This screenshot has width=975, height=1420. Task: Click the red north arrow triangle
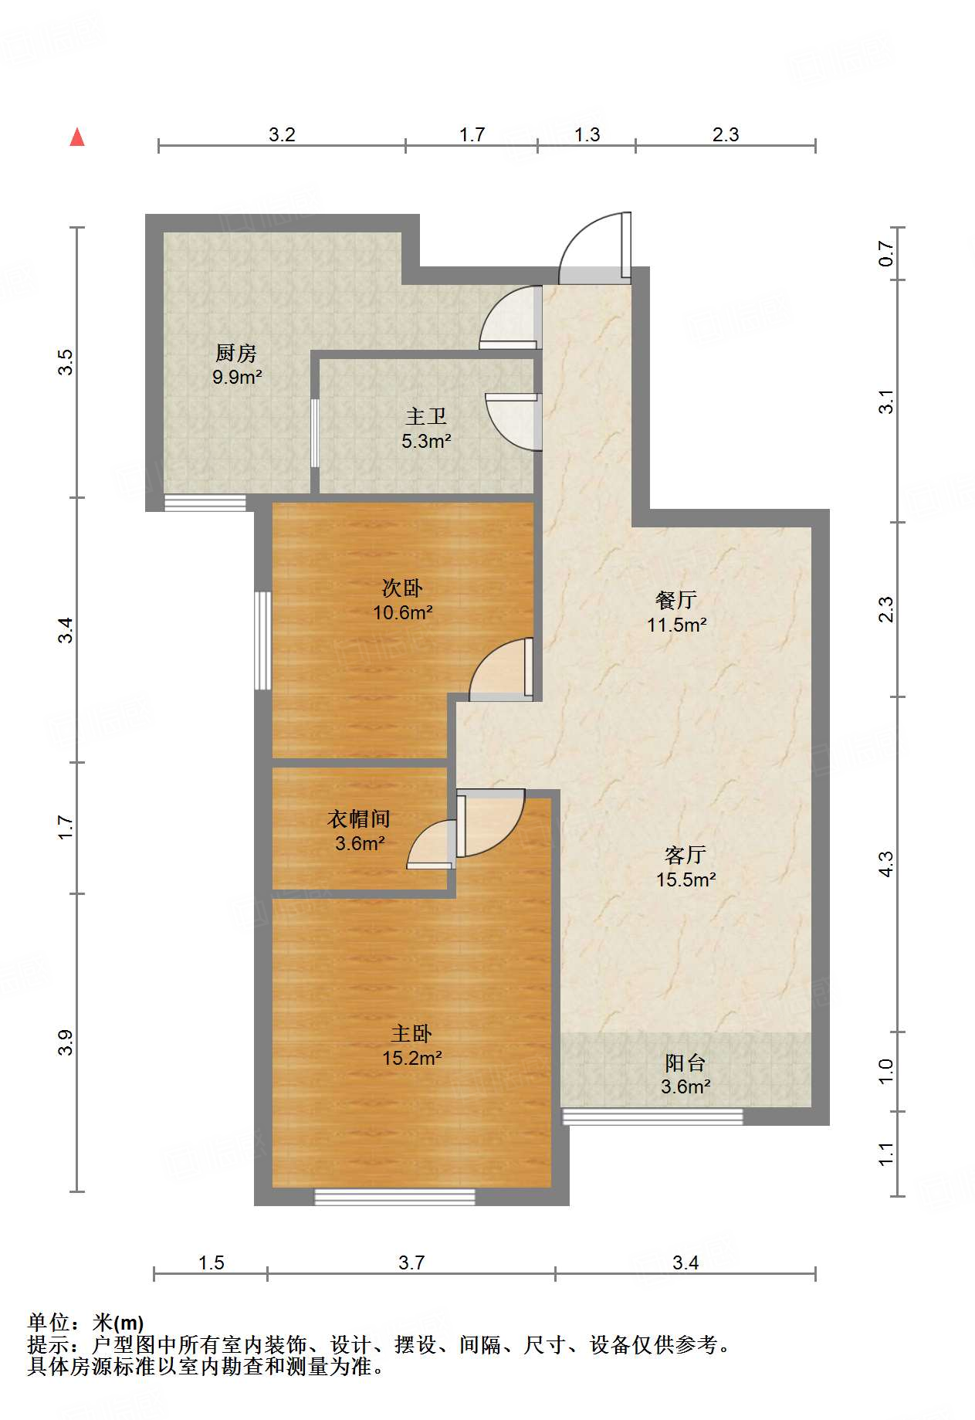77,137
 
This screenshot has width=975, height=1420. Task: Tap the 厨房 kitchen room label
236,353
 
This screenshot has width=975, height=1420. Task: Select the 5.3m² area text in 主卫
425,442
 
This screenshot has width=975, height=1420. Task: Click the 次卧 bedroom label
402,588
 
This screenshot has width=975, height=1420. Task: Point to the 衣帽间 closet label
359,818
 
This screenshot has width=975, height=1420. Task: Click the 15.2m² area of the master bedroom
411,1058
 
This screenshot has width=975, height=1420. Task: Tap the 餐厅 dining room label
676,599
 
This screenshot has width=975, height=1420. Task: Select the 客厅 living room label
685,854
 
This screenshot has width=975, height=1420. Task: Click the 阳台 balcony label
685,1062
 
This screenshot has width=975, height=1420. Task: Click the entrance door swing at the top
593,247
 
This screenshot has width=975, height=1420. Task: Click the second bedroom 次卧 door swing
500,671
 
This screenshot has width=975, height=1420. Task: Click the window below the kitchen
205,503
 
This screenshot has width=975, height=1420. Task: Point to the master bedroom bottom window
394,1197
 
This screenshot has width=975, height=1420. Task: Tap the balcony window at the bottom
652,1116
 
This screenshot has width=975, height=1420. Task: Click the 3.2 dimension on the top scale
282,134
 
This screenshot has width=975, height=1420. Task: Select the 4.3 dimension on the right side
885,863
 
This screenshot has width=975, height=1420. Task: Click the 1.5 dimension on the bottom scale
211,1262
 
